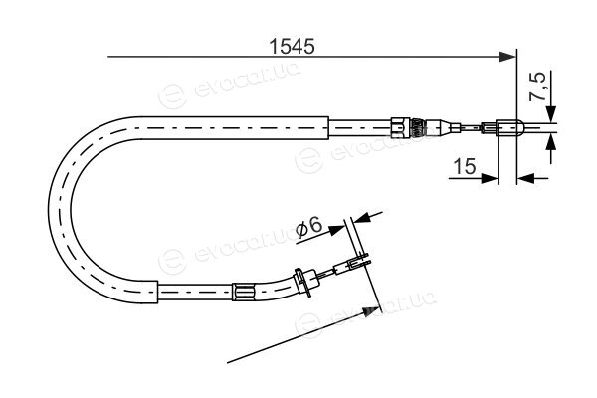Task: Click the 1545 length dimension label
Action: tap(292, 47)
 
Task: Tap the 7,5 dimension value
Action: tap(537, 88)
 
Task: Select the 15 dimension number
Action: tap(465, 166)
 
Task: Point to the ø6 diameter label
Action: tap(308, 227)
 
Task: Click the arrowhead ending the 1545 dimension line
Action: tap(507, 57)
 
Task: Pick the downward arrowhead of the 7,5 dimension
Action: tap(550, 113)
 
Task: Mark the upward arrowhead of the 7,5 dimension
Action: tap(550, 143)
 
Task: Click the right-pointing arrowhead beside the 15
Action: tap(490, 178)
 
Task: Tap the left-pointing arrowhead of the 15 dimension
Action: tap(525, 178)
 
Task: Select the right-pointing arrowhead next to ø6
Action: tap(336, 230)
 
